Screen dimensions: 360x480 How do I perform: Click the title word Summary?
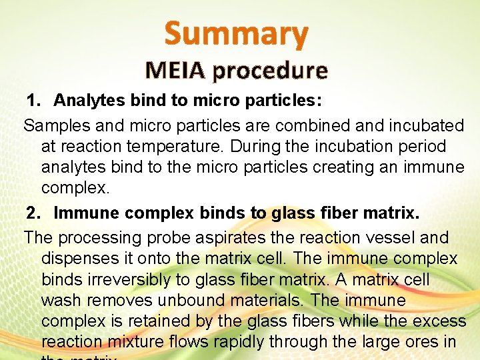point(237,33)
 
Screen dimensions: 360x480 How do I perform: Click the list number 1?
point(33,101)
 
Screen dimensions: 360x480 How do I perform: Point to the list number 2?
point(33,213)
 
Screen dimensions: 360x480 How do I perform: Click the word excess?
point(439,321)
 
